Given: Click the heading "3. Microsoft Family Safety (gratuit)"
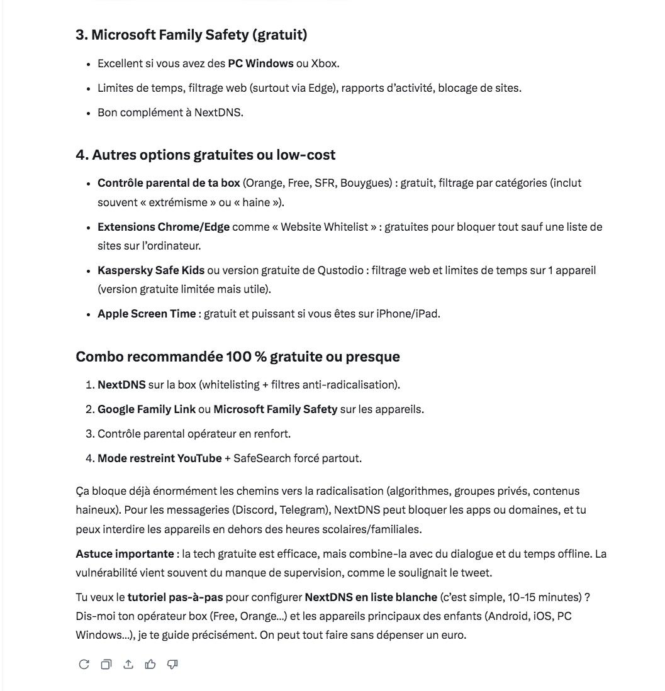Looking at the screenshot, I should click(191, 35).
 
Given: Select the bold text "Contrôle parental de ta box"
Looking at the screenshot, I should click(169, 184).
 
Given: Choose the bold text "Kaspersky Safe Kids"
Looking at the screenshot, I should click(151, 270).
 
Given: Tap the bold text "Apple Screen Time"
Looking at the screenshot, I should click(147, 314).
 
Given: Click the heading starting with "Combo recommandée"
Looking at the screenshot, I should click(238, 357).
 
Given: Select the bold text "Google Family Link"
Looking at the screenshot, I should click(146, 409).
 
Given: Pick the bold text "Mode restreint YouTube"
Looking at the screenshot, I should click(159, 458).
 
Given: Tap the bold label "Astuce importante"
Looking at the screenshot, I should click(125, 555).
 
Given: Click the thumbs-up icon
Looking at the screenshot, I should click(150, 665).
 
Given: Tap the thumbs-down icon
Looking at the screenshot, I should click(172, 665).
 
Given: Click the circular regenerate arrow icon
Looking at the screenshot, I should click(84, 665).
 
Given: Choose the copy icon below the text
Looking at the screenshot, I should click(106, 665).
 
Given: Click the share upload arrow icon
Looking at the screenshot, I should click(128, 665).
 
